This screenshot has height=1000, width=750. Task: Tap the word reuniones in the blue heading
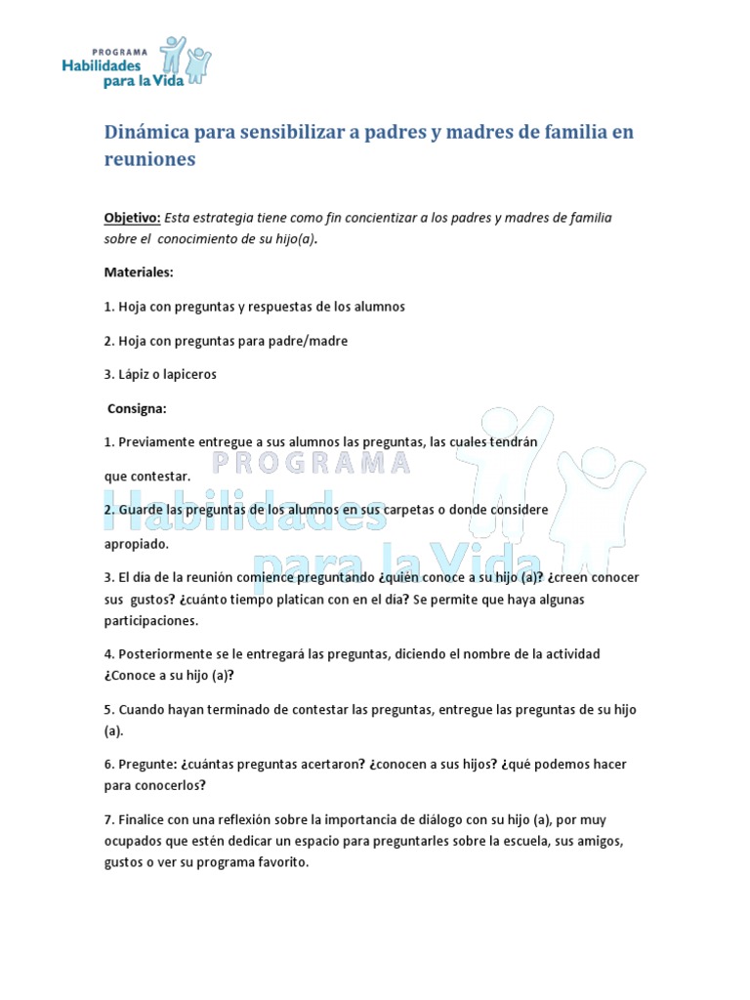(149, 159)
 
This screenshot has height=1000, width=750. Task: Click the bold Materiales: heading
(139, 271)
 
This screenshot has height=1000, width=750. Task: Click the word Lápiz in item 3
(135, 374)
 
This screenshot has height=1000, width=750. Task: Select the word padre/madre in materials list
(313, 340)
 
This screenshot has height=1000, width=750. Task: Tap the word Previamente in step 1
(156, 442)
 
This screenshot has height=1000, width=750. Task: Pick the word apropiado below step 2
(137, 543)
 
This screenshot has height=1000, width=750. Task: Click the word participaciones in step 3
(150, 620)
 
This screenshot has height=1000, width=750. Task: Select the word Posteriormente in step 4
(163, 653)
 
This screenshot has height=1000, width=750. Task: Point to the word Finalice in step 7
(141, 819)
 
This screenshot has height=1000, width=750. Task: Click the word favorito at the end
(283, 862)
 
